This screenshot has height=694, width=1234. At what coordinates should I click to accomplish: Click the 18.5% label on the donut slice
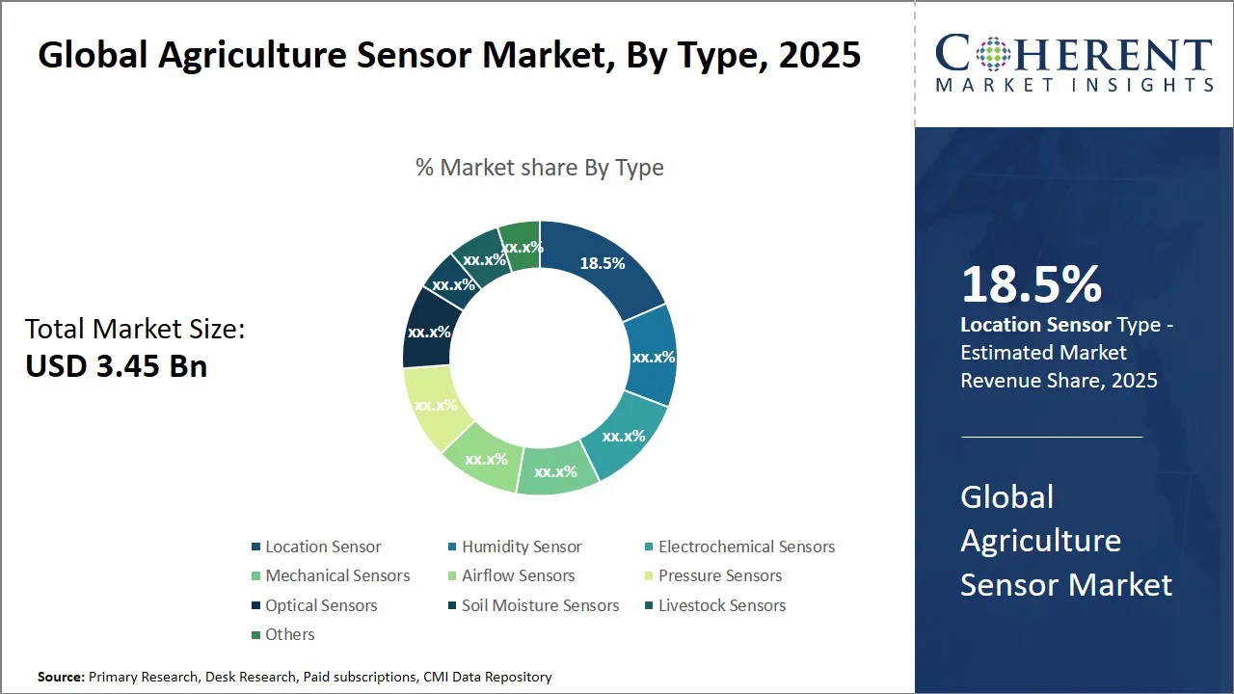pyautogui.click(x=603, y=263)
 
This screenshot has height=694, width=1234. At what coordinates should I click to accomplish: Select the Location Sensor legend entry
pyautogui.click(x=323, y=547)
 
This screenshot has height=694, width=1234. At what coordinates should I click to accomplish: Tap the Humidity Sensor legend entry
pyautogui.click(x=522, y=547)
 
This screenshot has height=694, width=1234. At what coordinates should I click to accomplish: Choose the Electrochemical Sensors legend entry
pyautogui.click(x=746, y=547)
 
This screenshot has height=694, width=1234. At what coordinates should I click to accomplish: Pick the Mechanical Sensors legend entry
pyautogui.click(x=337, y=575)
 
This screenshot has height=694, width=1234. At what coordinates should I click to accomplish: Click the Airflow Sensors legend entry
pyautogui.click(x=518, y=575)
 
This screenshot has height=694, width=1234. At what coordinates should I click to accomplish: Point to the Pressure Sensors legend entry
pyautogui.click(x=720, y=575)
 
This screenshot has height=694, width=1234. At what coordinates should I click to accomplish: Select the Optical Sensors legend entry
pyautogui.click(x=321, y=605)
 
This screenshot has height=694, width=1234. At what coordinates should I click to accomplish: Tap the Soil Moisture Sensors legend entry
pyautogui.click(x=540, y=605)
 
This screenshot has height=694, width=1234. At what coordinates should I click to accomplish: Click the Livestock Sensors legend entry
pyautogui.click(x=722, y=605)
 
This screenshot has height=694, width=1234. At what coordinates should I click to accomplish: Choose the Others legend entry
pyautogui.click(x=289, y=634)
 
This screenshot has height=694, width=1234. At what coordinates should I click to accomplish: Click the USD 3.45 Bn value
pyautogui.click(x=117, y=365)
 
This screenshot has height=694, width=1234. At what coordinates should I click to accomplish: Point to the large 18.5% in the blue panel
pyautogui.click(x=1032, y=284)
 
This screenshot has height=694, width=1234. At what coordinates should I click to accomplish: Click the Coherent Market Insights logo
pyautogui.click(x=1074, y=64)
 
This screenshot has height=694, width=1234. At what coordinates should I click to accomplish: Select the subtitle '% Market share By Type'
pyautogui.click(x=539, y=168)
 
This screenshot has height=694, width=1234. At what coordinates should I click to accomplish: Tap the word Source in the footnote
pyautogui.click(x=60, y=678)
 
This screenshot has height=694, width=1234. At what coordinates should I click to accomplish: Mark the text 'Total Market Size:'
pyautogui.click(x=135, y=330)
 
